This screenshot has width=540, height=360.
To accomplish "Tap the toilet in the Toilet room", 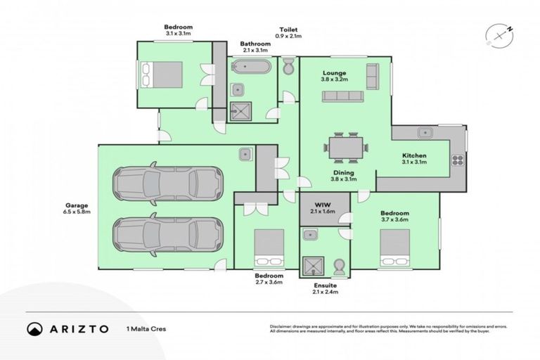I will tap(288, 67).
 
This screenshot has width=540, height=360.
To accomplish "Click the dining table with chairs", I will tap(345, 148).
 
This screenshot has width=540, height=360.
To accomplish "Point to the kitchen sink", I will tap(425, 132).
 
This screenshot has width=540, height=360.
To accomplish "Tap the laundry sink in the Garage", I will tap(246, 153).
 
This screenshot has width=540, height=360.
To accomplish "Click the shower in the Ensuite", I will tap(311, 265).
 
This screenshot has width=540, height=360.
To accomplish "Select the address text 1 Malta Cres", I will tap(145, 329).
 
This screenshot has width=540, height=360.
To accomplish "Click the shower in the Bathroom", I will tap(240, 111).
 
